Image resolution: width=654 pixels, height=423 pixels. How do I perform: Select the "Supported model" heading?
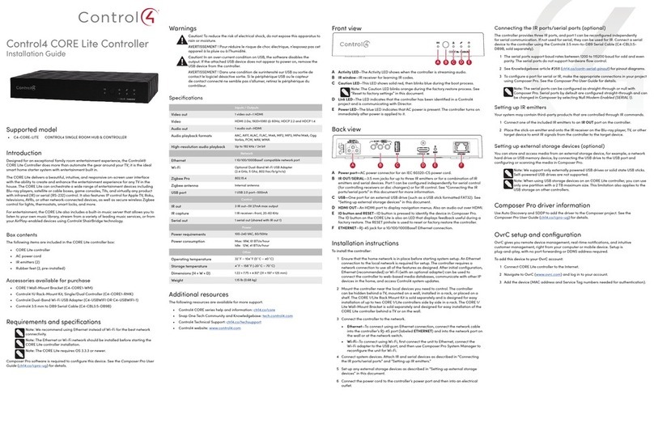[x=36, y=153]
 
